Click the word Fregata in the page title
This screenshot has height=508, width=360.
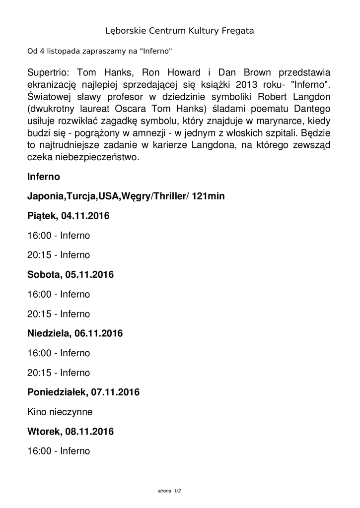236,31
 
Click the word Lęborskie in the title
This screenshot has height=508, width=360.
125,31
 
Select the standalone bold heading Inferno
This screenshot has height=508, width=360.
44,177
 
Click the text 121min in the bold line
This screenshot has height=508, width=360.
208,196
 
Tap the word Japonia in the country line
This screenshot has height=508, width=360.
45,196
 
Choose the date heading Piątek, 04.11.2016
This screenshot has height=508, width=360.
69,216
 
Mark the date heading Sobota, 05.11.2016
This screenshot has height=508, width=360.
71,274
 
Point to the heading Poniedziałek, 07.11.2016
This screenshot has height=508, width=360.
83,392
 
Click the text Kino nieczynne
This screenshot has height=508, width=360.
60,412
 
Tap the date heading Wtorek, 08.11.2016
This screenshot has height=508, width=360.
71,432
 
